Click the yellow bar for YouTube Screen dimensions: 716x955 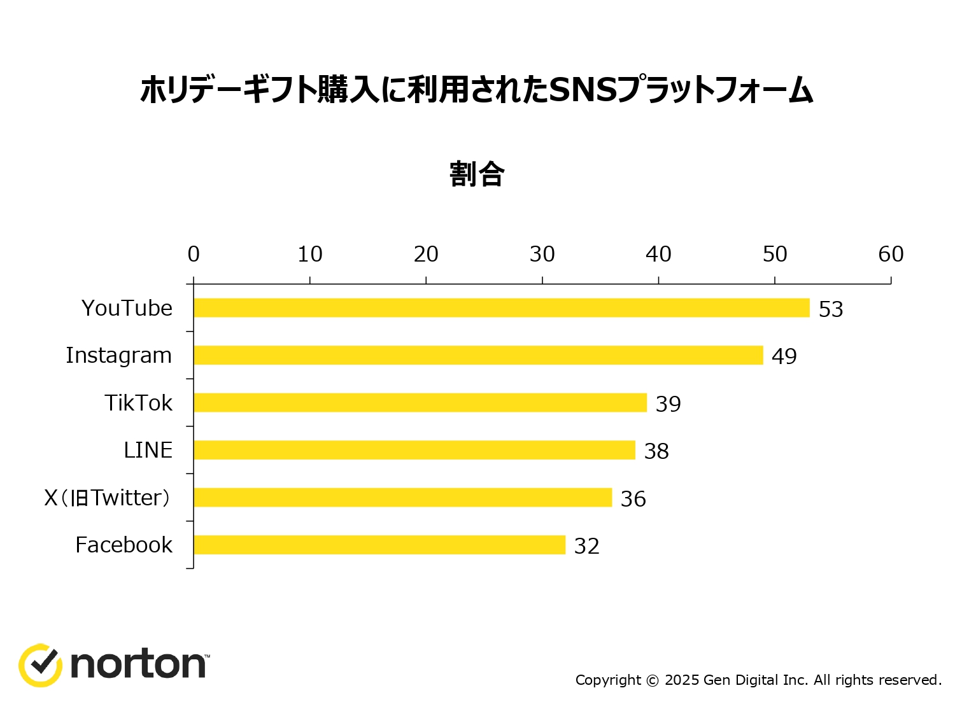click(x=502, y=308)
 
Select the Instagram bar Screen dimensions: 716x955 click(x=478, y=355)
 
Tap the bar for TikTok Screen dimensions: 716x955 click(x=420, y=403)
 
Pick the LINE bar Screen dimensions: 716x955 click(x=414, y=450)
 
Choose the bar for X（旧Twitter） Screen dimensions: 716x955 click(x=402, y=498)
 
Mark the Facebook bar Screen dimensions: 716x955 click(x=379, y=545)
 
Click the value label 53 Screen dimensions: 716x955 click(x=831, y=309)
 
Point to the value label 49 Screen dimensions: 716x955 click(x=784, y=356)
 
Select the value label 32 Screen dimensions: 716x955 click(x=586, y=546)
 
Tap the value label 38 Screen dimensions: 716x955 click(x=656, y=451)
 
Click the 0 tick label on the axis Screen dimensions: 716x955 click(x=194, y=255)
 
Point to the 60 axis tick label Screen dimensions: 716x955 click(x=891, y=255)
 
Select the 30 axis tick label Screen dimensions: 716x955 click(x=542, y=255)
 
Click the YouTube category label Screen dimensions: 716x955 click(x=127, y=308)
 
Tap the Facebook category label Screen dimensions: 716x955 click(x=124, y=545)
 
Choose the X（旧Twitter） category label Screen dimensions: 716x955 click(x=107, y=498)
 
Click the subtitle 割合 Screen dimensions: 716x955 click(x=477, y=174)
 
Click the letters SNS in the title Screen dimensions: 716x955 click(x=583, y=90)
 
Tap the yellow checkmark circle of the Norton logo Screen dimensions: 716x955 click(x=40, y=665)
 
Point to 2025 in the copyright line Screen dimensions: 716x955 click(x=682, y=680)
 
